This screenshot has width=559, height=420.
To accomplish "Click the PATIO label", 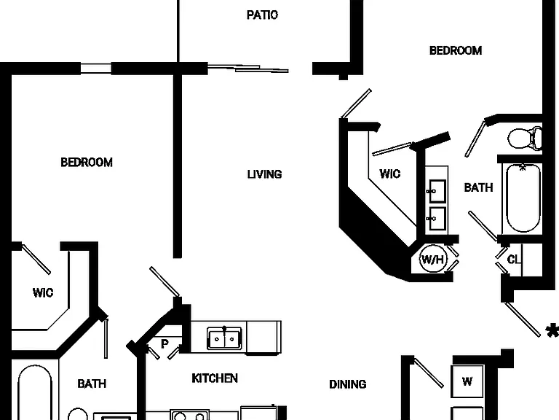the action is click(262, 15).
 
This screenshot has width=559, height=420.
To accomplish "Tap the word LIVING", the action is click(264, 174).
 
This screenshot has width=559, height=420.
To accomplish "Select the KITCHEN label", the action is click(215, 378).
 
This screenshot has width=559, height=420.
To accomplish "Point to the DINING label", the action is click(348, 384).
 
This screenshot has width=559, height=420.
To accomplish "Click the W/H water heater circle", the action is click(433, 259).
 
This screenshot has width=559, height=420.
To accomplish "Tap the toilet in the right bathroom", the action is click(525, 139).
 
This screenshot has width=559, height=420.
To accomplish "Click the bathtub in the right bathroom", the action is click(523, 198).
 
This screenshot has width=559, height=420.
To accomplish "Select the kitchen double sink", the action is click(224, 338).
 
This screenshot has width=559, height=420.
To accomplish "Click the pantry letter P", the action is click(164, 344).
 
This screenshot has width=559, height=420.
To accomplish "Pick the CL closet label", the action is click(513, 260).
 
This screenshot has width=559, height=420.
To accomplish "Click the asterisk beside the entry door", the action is click(552, 331).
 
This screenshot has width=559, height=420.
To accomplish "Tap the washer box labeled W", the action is click(467, 381).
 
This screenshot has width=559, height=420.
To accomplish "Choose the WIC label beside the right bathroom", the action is click(390, 174).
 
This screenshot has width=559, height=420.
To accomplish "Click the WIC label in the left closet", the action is click(43, 293).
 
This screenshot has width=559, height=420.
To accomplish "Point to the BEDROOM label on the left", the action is click(87, 163).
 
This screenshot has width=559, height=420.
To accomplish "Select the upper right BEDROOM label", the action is click(456, 51).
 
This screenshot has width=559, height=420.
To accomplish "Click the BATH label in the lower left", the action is click(92, 384).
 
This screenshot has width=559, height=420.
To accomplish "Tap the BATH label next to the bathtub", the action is click(478, 187).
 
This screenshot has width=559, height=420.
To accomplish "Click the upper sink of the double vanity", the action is click(437, 192).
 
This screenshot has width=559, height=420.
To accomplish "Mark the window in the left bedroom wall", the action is click(96, 69).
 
